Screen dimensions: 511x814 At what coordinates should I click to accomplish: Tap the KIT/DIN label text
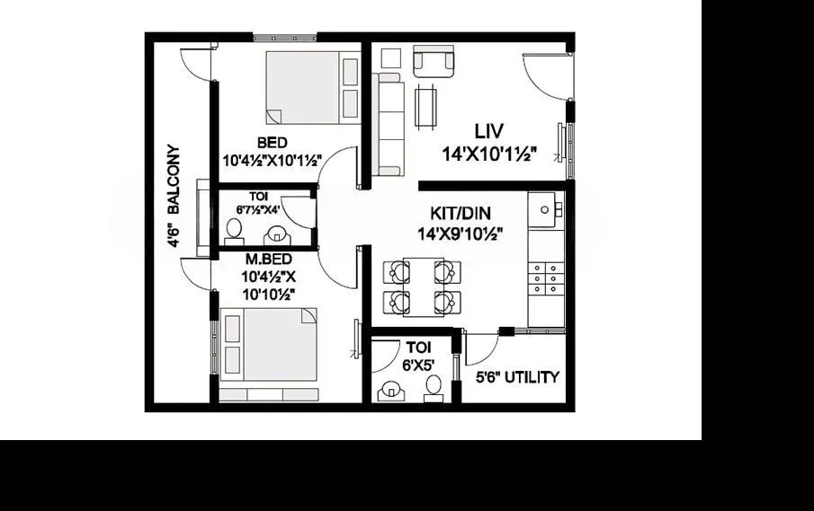(460, 215)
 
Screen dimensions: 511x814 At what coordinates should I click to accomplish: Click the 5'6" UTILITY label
(517, 377)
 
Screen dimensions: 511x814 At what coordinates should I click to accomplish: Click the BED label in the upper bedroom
(273, 143)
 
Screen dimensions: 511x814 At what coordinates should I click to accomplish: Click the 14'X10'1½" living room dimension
(489, 154)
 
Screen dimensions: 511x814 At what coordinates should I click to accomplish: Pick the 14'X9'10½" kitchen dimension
(460, 233)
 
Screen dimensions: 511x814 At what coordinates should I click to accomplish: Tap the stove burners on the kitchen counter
(546, 279)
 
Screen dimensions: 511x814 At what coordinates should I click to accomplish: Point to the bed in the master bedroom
(268, 346)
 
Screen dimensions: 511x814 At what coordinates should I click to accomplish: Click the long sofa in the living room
(389, 124)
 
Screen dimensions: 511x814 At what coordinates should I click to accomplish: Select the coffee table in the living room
(427, 106)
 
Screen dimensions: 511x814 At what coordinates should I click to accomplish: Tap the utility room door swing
(481, 348)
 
